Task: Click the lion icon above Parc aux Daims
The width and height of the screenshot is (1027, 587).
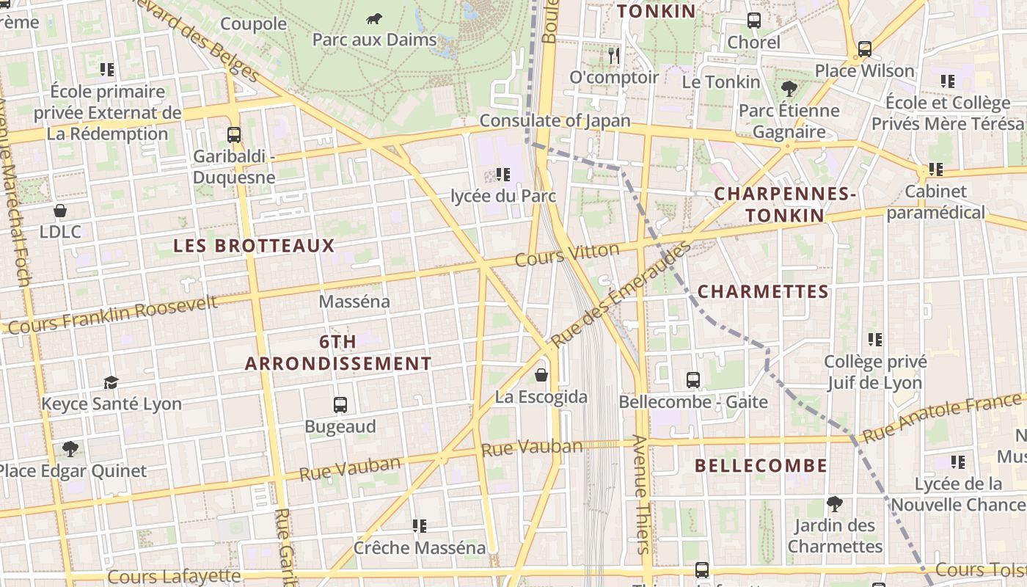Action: [x=374, y=18]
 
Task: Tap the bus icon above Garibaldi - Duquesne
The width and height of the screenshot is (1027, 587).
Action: [x=234, y=135]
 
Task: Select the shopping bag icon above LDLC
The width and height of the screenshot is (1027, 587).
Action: [x=60, y=211]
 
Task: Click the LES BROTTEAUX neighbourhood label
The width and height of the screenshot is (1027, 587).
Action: [x=254, y=246]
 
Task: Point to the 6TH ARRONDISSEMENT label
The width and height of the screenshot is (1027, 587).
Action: [x=338, y=353]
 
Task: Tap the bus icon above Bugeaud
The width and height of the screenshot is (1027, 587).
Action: [x=340, y=405]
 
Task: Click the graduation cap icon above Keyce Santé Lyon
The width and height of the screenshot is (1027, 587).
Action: [x=111, y=382]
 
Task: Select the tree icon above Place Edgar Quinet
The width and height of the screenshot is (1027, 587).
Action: [x=70, y=448]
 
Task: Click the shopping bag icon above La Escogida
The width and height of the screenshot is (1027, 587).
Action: [x=541, y=375]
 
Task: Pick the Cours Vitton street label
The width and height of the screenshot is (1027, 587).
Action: [x=567, y=255]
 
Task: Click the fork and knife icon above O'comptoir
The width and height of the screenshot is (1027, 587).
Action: [x=614, y=55]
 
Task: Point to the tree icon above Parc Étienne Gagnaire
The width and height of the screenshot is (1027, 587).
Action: [x=789, y=90]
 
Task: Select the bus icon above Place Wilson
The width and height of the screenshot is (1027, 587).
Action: [x=865, y=49]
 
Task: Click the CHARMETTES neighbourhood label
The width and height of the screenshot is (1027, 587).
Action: [x=763, y=292]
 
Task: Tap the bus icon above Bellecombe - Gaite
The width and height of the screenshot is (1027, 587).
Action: [x=693, y=380]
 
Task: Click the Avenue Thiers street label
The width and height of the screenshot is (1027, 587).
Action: [x=641, y=494]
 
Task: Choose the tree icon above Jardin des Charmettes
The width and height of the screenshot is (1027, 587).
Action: [x=834, y=504]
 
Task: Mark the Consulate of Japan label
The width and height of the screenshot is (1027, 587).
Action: [x=555, y=120]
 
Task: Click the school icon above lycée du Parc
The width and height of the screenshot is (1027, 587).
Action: [x=503, y=175]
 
